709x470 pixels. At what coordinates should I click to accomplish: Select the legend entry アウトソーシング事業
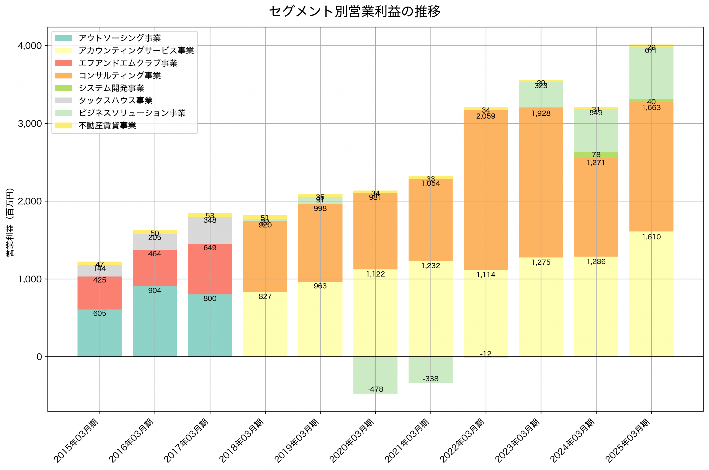coord(120,38)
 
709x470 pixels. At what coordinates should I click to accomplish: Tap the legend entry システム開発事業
coord(111,88)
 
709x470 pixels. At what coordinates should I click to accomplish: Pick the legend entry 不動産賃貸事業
coord(107,125)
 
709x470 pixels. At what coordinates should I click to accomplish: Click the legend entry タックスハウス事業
coord(115,101)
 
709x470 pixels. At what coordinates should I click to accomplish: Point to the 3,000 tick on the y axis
coord(30,124)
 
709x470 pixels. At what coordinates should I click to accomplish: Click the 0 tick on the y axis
coord(39,357)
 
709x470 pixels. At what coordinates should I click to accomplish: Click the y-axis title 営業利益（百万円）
coord(10,222)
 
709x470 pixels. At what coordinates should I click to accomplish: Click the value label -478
coord(375,389)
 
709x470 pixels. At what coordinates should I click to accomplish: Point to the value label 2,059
coord(486,116)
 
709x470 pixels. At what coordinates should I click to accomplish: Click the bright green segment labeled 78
coord(596,155)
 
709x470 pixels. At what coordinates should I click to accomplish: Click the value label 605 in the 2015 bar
coord(99,314)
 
